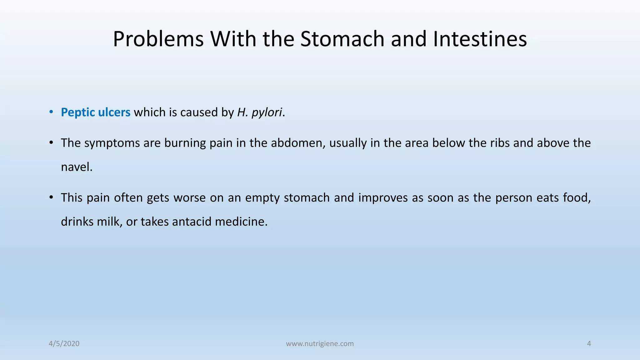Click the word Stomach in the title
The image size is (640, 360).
342,39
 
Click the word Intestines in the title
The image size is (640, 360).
480,39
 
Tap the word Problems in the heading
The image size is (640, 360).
158,39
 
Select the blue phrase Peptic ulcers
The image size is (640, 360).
95,112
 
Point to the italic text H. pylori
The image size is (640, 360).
260,112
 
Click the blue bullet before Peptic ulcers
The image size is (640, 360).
51,112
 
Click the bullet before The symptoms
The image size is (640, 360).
51,143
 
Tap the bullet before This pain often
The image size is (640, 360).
51,198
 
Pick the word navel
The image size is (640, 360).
77,167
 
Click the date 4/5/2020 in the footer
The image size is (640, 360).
64,344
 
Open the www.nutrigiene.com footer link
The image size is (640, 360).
320,344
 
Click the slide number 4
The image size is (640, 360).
589,344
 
